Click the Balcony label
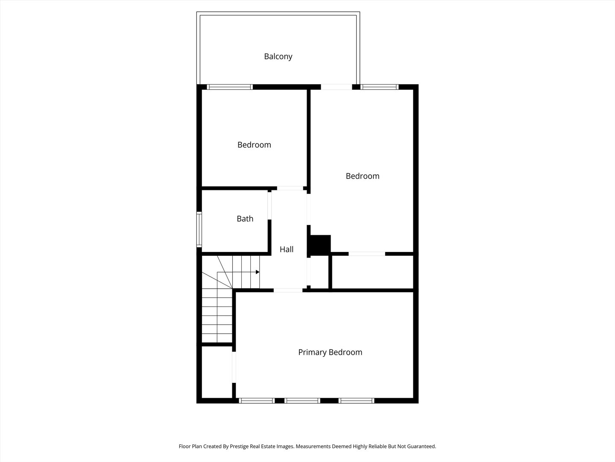[x=278, y=56]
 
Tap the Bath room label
[x=245, y=219]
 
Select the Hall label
[x=287, y=249]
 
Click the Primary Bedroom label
[x=330, y=352]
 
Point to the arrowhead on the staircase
[x=258, y=272]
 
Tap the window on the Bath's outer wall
[x=199, y=229]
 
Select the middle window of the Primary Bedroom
[x=302, y=401]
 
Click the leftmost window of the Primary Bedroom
[x=256, y=401]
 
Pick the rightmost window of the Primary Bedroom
[x=357, y=401]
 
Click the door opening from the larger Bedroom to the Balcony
[x=337, y=87]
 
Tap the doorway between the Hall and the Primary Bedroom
[x=288, y=290]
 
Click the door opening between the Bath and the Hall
[x=269, y=205]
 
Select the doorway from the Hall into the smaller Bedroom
[x=290, y=188]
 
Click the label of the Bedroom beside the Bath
[x=254, y=145]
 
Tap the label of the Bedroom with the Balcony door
[x=363, y=176]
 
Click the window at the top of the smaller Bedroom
[x=230, y=87]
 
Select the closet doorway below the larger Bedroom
[x=367, y=254]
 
